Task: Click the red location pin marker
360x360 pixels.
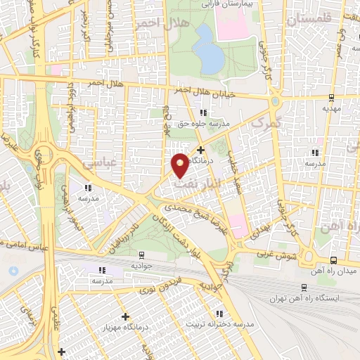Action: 180,164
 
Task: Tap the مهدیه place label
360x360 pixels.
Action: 330,109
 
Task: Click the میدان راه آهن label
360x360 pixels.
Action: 337,270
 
